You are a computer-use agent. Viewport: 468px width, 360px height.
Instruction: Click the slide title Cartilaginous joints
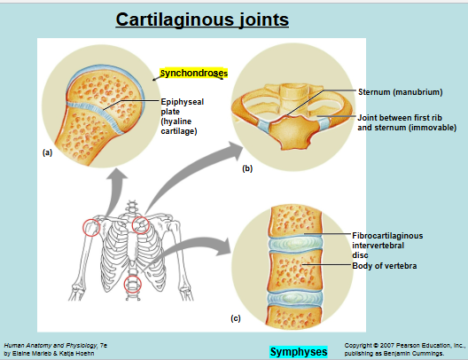tap(203, 19)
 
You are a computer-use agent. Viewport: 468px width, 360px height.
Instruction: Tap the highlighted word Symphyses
tap(299, 352)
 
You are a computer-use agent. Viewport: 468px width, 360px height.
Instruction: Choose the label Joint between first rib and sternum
tap(406, 123)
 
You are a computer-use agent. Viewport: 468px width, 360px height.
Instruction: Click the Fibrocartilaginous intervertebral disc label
tap(387, 245)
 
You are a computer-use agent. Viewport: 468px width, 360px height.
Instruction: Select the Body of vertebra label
tap(385, 265)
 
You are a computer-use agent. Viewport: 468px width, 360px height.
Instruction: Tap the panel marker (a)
tap(48, 153)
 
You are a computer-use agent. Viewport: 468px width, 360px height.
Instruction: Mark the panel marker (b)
tap(247, 168)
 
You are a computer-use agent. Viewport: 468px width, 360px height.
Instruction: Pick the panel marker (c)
tap(236, 317)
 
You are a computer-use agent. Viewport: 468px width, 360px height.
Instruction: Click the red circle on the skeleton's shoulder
tap(91, 228)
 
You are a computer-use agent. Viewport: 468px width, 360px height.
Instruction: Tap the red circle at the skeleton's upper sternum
tap(140, 223)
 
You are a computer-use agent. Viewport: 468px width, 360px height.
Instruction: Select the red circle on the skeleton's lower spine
tap(132, 285)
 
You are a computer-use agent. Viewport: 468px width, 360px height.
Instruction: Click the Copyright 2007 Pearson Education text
tap(403, 343)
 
